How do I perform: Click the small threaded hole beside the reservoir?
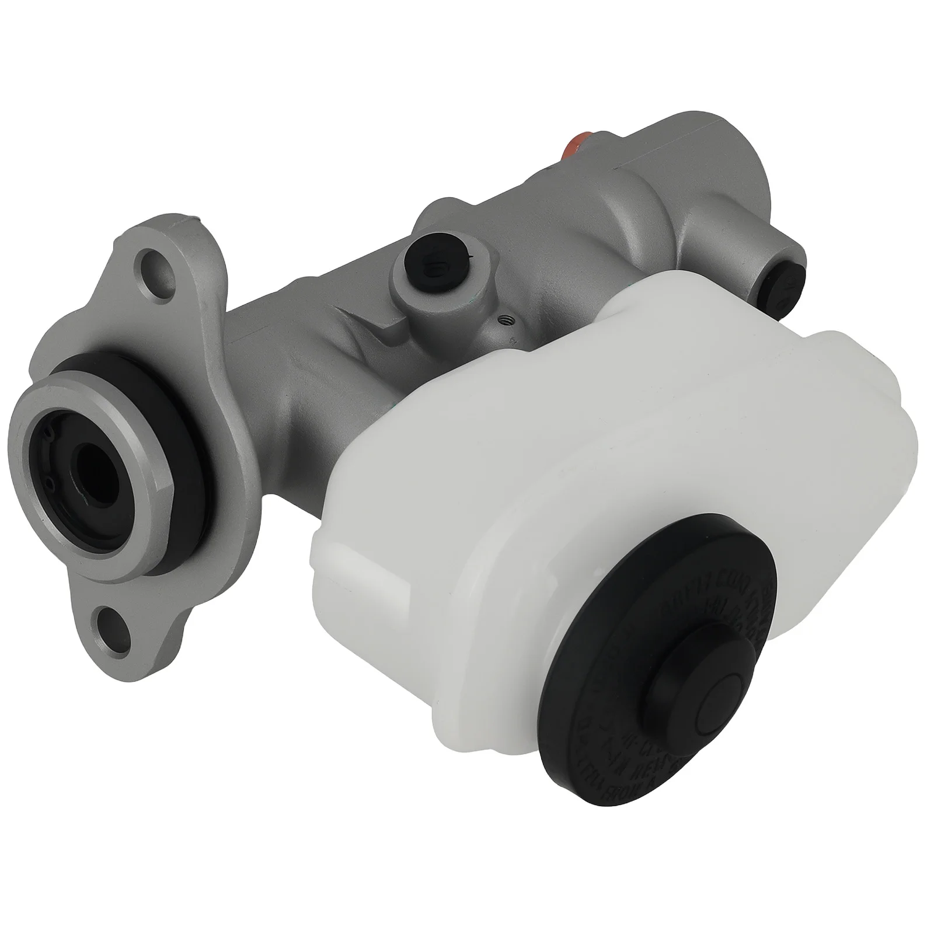pyautogui.click(x=505, y=320)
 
